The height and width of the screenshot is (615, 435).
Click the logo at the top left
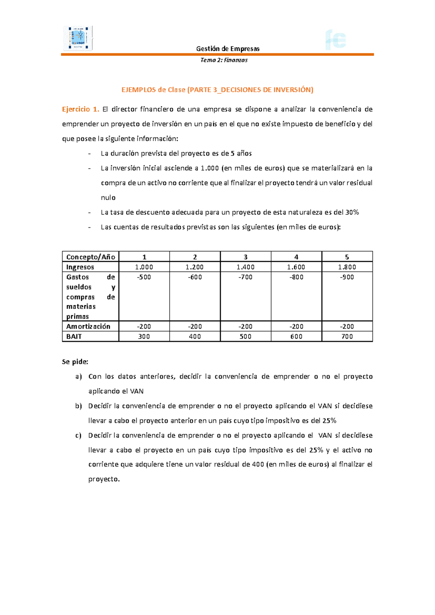click(x=78, y=38)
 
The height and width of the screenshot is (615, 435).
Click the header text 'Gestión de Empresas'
click(x=228, y=49)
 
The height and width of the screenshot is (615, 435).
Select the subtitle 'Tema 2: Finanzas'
click(x=224, y=60)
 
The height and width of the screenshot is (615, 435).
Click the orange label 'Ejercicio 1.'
click(x=80, y=109)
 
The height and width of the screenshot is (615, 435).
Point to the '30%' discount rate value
click(x=352, y=212)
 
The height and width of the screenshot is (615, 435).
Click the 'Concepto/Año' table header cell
click(x=91, y=257)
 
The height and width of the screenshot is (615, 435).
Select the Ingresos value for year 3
click(x=245, y=267)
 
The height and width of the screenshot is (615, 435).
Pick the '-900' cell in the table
click(x=347, y=277)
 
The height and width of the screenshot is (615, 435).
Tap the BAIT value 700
click(x=347, y=337)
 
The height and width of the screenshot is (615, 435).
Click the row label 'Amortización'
click(x=88, y=326)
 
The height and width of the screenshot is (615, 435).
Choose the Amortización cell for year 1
click(x=144, y=326)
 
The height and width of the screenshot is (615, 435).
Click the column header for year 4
click(x=296, y=257)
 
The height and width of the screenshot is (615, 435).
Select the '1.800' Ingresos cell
click(x=347, y=267)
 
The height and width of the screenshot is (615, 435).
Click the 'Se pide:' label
click(x=75, y=362)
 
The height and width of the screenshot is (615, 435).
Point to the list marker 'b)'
click(x=78, y=406)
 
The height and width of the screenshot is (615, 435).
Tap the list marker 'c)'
click(x=78, y=436)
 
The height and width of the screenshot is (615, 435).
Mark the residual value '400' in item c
click(x=258, y=465)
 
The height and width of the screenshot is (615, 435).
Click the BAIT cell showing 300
click(x=144, y=337)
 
